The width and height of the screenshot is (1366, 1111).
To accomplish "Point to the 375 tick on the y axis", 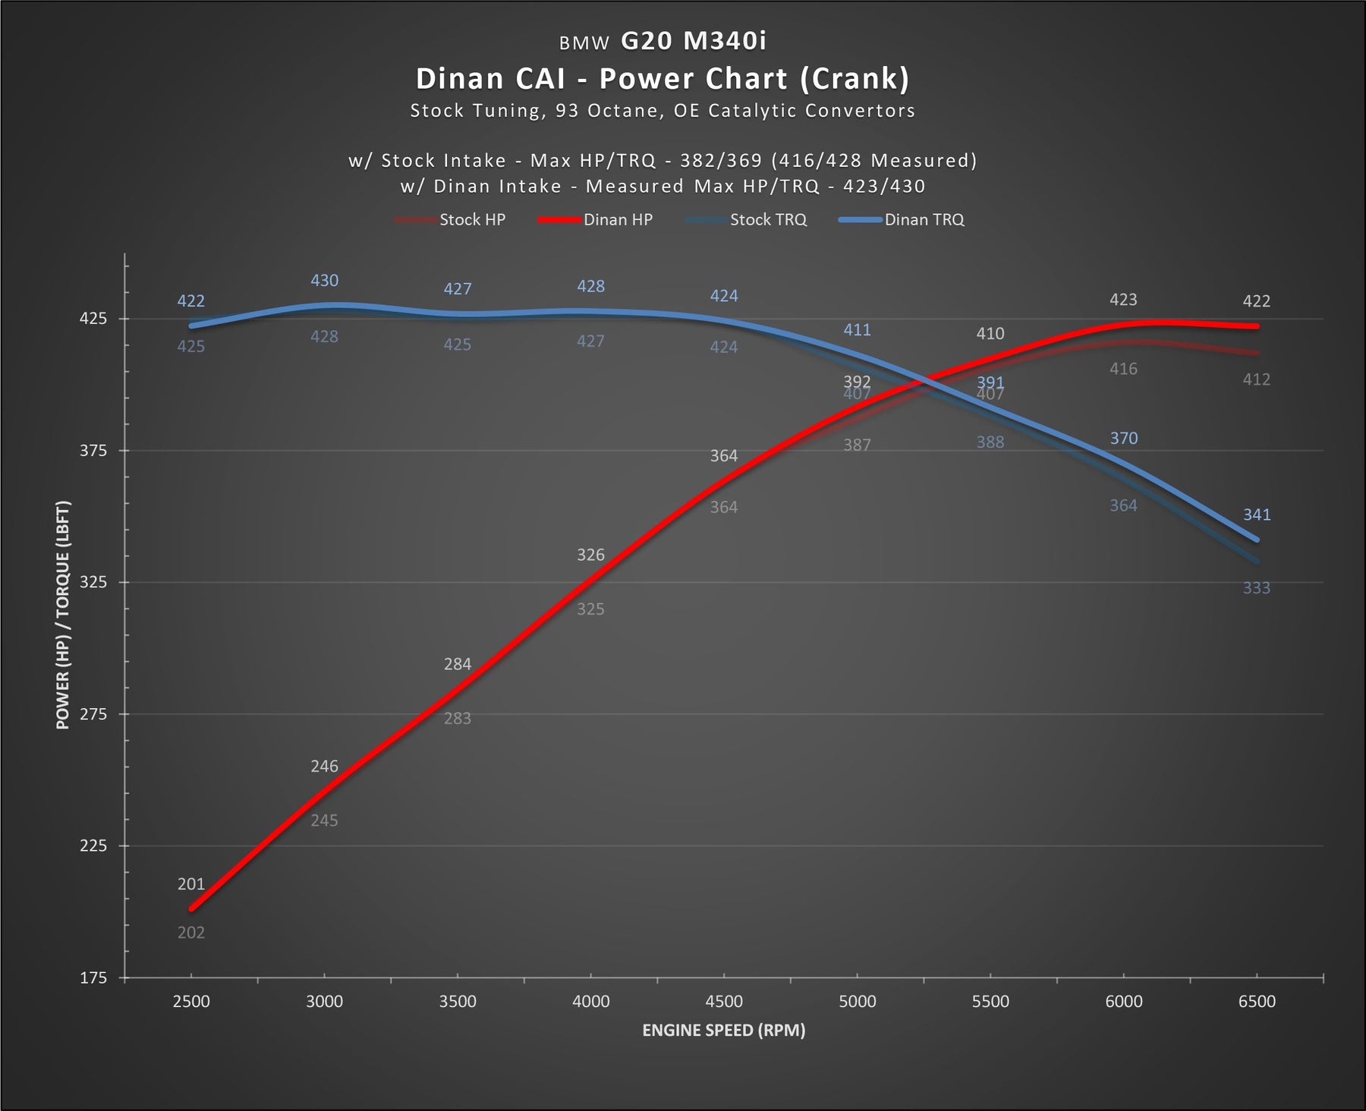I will pos(93,451).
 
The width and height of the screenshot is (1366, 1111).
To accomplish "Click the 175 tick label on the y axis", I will pos(93,978).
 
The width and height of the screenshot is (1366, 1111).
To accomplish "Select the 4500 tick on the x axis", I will pos(724,1002).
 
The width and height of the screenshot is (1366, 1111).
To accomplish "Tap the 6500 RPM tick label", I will pos(1257,1002).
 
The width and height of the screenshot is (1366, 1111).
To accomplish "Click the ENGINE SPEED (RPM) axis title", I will pos(723,1031).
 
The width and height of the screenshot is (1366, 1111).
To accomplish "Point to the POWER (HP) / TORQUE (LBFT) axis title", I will pos(62,615).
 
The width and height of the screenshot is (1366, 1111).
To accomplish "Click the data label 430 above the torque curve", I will pos(324,281).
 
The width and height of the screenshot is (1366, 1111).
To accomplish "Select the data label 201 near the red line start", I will pos(191,884).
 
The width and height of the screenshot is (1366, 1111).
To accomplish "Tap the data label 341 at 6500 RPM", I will pos(1257,515).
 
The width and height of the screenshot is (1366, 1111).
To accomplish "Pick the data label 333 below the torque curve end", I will pos(1257,588).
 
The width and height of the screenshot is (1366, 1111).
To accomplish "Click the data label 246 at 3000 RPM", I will pos(324,766).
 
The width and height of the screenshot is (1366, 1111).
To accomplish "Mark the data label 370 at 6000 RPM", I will pos(1124,439).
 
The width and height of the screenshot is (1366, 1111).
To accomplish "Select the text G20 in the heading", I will pos(647,40).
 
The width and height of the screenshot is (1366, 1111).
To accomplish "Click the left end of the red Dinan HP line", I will pos(192,908).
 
